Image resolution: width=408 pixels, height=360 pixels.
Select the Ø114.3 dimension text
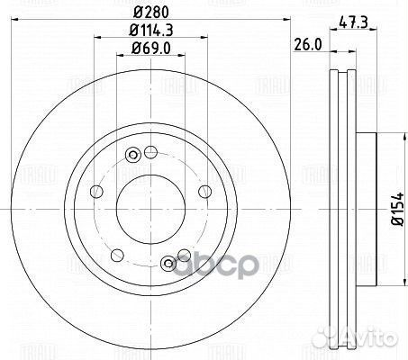(x=149, y=30)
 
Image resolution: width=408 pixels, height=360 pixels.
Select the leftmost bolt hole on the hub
(x=93, y=191)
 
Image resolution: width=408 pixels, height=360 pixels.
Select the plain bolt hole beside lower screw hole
(x=184, y=253)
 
